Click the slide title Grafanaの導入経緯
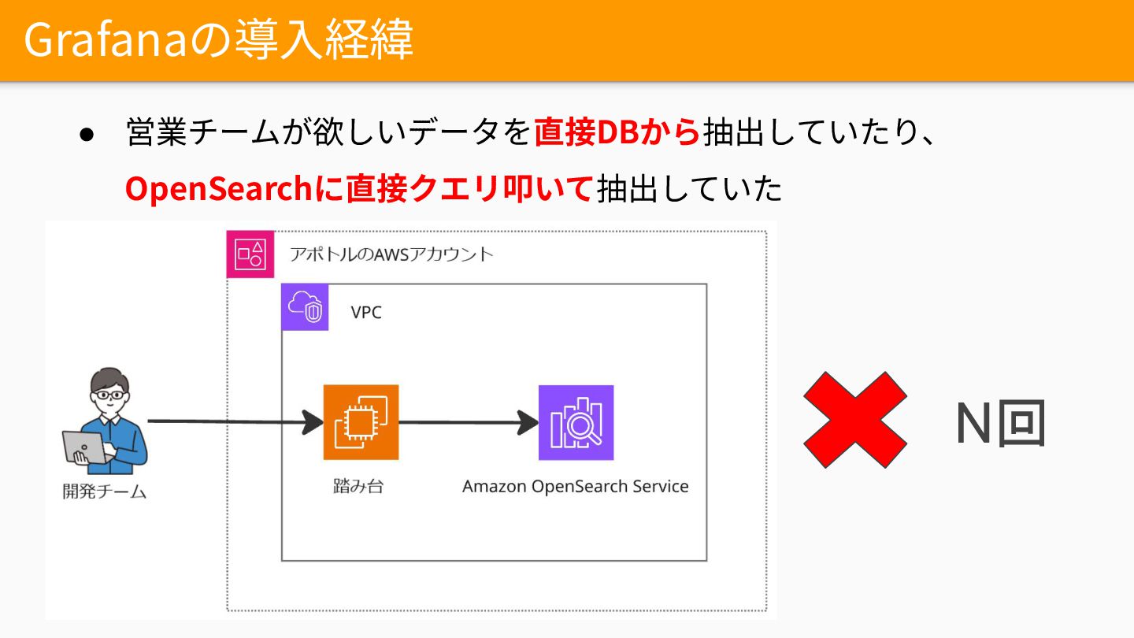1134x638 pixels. (x=218, y=40)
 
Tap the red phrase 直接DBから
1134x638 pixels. (x=617, y=133)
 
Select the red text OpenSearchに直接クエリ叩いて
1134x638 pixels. (x=358, y=188)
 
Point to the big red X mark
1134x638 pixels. (x=854, y=421)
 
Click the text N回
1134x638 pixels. (x=999, y=423)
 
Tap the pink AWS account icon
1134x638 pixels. (x=250, y=254)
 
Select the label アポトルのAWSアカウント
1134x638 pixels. (x=391, y=254)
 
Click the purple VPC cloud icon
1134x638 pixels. (x=305, y=307)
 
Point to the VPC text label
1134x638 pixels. (x=366, y=313)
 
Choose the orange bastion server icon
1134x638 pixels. (x=361, y=422)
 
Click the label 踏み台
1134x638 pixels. (x=358, y=486)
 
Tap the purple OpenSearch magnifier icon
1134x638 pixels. (x=576, y=422)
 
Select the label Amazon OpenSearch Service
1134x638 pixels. (x=575, y=487)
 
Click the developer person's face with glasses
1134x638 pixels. (x=108, y=393)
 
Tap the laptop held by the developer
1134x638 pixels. (x=84, y=447)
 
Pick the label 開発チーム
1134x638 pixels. (x=105, y=492)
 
